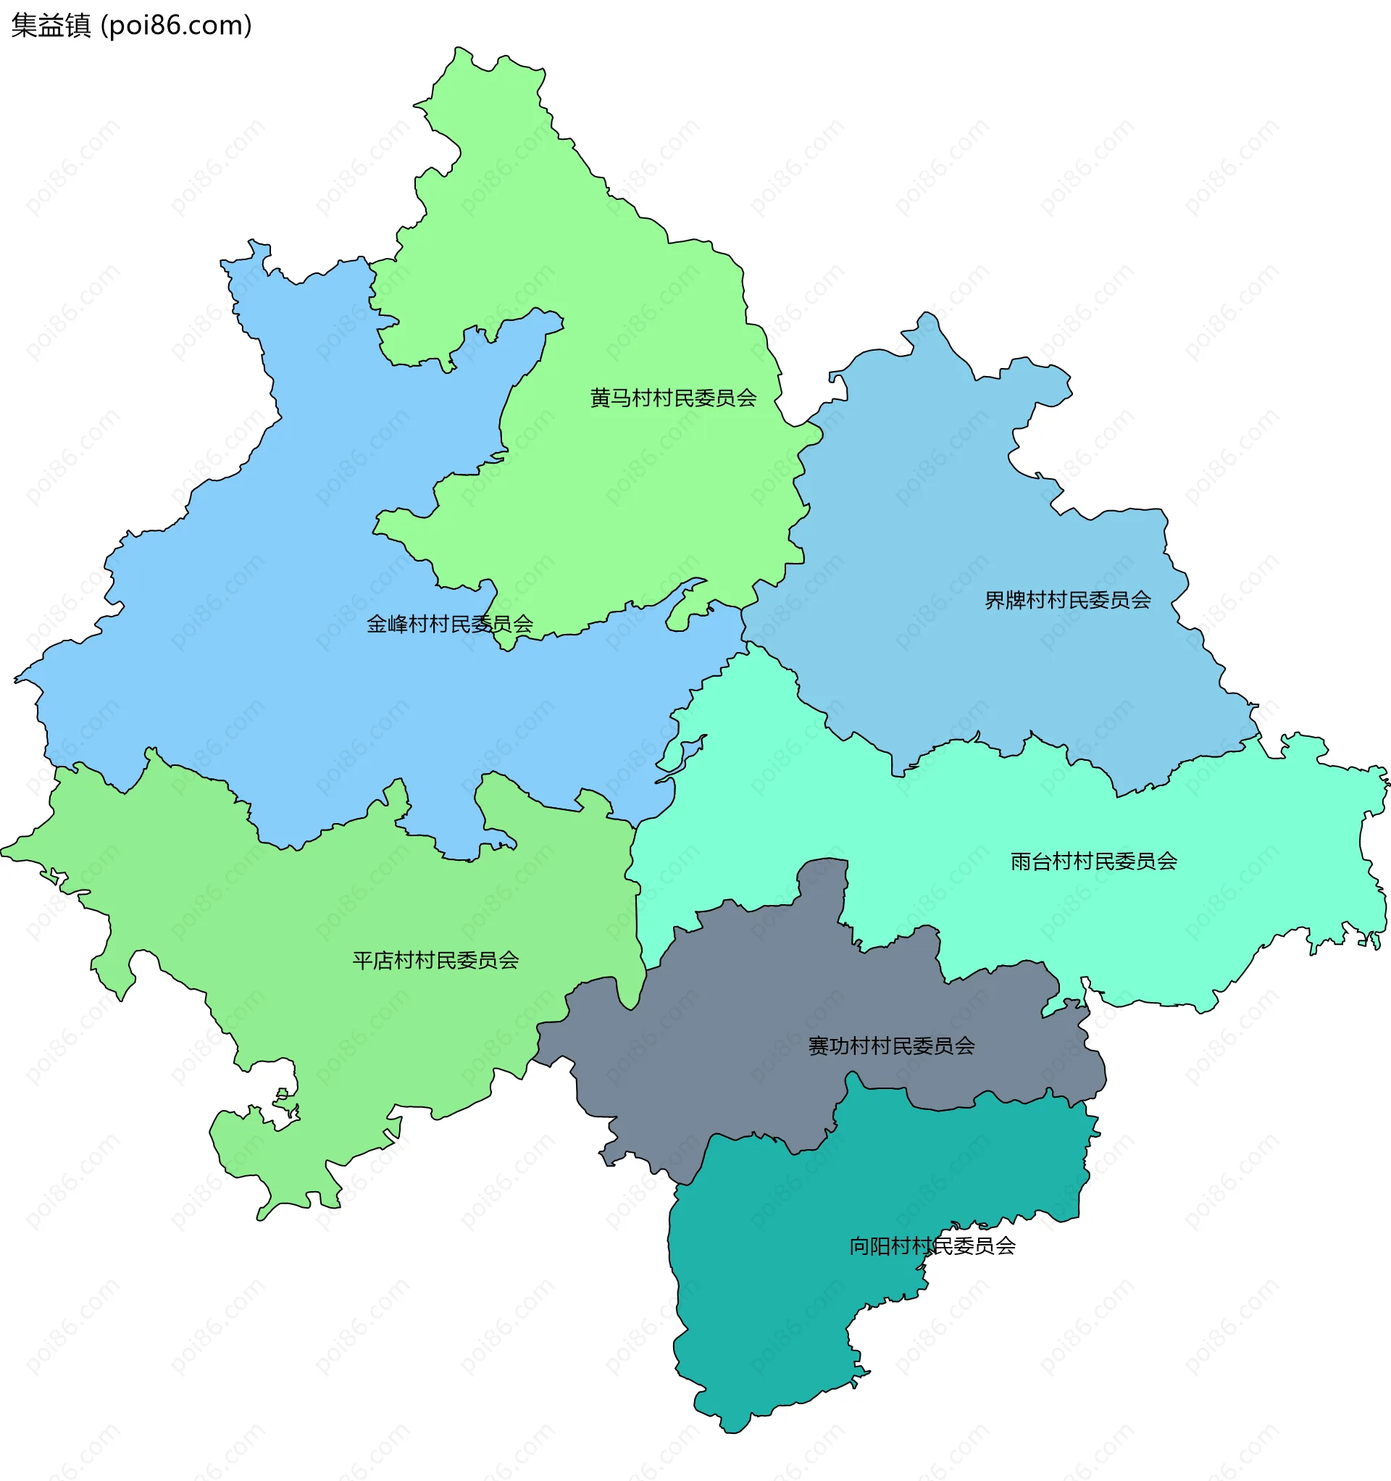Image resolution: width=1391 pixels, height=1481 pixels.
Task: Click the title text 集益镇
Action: [x=51, y=26]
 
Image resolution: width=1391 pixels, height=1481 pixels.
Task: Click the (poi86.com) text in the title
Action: [x=176, y=26]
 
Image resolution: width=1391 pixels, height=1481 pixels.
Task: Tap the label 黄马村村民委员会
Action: [x=673, y=398]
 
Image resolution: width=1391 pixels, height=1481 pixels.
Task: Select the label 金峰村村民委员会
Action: [x=449, y=625]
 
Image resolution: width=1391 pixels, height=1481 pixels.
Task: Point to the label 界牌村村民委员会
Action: [x=1068, y=600]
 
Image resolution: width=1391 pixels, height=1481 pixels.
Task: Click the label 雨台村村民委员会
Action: [x=1094, y=862]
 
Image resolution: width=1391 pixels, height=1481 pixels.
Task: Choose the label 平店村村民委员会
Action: [x=435, y=960]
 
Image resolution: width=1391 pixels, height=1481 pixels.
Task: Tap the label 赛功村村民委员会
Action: [x=891, y=1046]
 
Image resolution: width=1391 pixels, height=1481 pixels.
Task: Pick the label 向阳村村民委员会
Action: [x=932, y=1246]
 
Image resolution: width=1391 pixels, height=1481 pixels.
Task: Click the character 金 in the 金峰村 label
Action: [x=377, y=625]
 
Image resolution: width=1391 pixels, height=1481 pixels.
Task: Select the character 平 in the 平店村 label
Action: [x=363, y=960]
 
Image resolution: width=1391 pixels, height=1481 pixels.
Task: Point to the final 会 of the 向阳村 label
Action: [x=1005, y=1246]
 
